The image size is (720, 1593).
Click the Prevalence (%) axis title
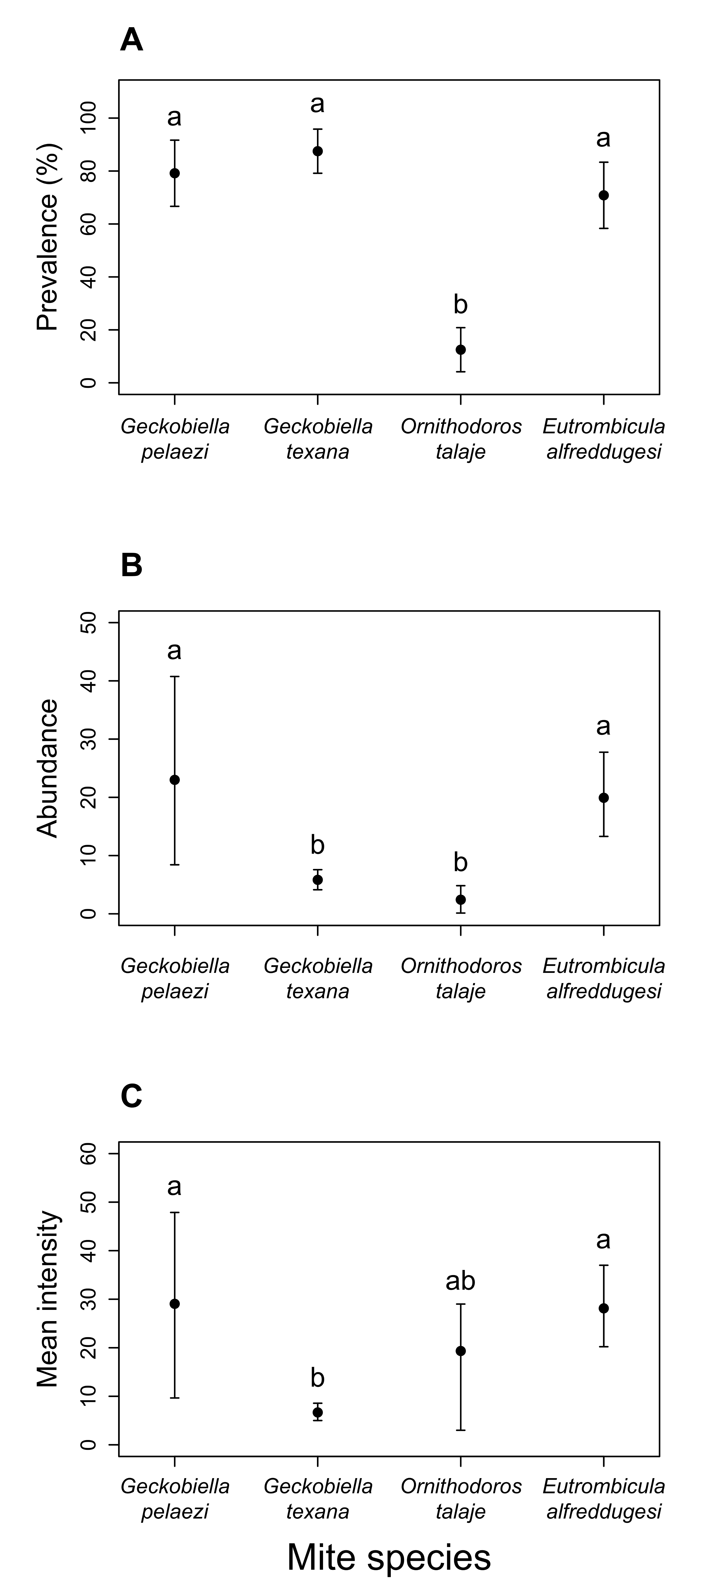[x=47, y=237]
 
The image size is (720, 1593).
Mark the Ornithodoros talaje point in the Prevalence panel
[x=460, y=349]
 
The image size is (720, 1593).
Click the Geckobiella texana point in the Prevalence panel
[x=318, y=151]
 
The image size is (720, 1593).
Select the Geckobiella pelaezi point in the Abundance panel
[x=175, y=780]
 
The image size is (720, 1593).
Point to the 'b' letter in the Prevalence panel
[x=460, y=305]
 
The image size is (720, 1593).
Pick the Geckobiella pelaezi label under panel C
[x=175, y=1498]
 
